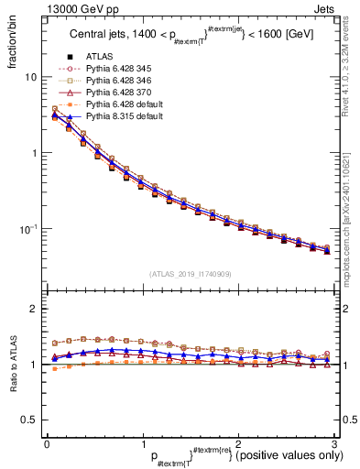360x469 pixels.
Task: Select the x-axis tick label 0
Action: pos(46,444)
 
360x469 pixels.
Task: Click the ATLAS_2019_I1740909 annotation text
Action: pos(189,274)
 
